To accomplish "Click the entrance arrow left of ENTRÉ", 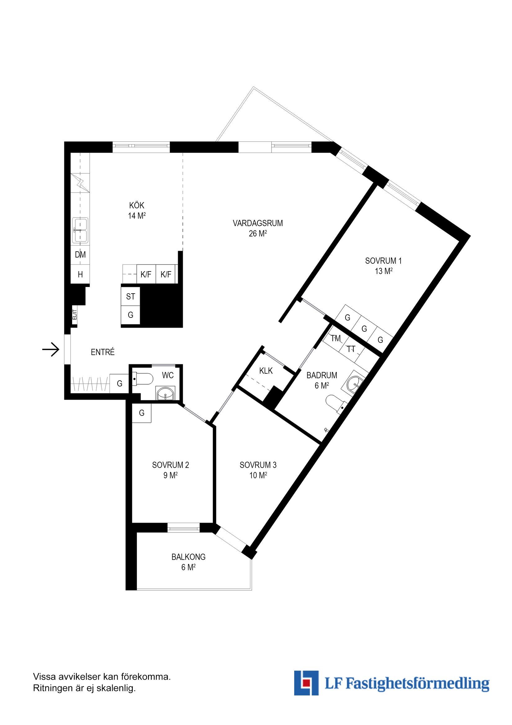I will pyautogui.click(x=51, y=349).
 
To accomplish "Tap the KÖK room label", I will pyautogui.click(x=137, y=206).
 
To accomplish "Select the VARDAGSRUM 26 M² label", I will pyautogui.click(x=258, y=228).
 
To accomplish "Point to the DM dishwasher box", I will pyautogui.click(x=80, y=254).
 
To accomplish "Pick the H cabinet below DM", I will pyautogui.click(x=80, y=275).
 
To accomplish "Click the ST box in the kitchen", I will pyautogui.click(x=130, y=297).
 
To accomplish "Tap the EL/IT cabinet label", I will pyautogui.click(x=75, y=315).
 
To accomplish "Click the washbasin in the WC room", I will pyautogui.click(x=165, y=394).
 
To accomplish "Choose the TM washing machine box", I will pyautogui.click(x=335, y=339).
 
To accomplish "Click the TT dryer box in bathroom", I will pyautogui.click(x=351, y=349).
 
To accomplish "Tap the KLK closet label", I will pyautogui.click(x=266, y=371).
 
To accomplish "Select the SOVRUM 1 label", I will pyautogui.click(x=383, y=261).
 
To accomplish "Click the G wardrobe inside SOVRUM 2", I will pyautogui.click(x=141, y=413).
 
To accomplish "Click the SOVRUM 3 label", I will pyautogui.click(x=258, y=465).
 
